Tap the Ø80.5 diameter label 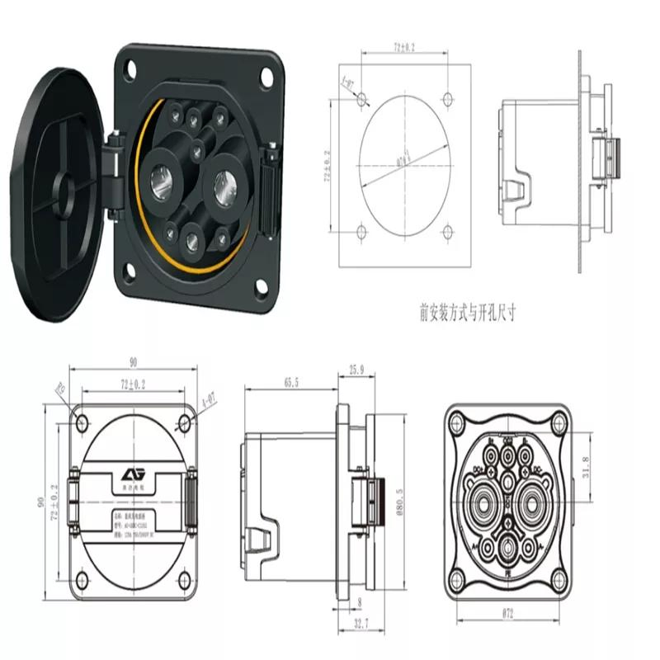(x=398, y=500)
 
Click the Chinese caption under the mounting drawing (x=471, y=313)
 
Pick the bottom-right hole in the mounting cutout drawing (x=446, y=232)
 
